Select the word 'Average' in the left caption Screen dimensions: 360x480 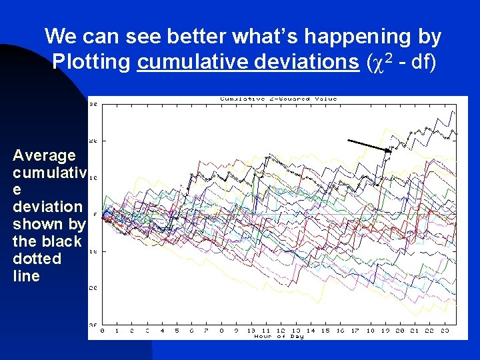44,155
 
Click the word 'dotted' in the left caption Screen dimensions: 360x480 37,259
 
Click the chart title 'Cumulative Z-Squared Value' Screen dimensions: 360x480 279,99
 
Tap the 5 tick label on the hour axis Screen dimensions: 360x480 177,330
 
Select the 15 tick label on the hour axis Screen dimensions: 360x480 325,330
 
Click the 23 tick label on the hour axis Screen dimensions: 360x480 445,330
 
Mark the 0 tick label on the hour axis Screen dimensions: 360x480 102,330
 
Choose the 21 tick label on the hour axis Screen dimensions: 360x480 415,330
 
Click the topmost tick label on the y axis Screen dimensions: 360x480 94,105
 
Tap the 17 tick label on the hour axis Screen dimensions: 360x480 355,330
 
